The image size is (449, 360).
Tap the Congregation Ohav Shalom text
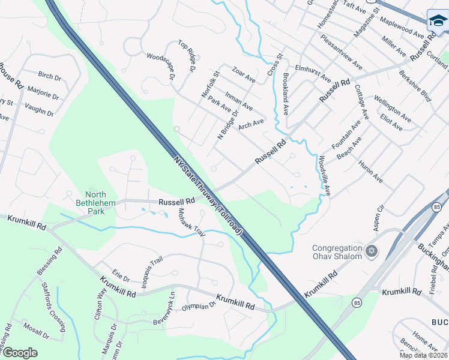[x=337, y=252]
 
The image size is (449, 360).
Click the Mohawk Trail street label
[x=191, y=223]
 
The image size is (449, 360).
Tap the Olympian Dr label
[x=199, y=306]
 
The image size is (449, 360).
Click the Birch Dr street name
[x=50, y=77]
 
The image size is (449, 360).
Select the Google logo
[x=20, y=353]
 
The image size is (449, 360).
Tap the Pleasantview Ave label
[x=342, y=55]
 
